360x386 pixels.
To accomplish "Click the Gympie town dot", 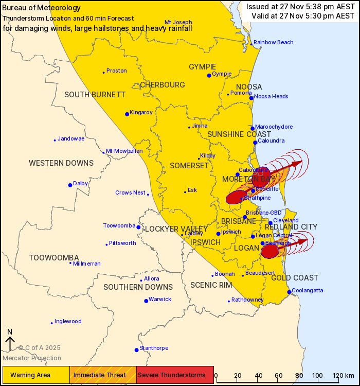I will [209, 75].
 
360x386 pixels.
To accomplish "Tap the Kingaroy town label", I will [141, 112].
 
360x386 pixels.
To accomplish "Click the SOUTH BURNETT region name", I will [95, 94].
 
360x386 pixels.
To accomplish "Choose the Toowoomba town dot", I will [138, 227].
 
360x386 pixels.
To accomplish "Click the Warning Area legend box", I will [36, 374].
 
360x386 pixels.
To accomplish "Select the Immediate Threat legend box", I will [103, 374].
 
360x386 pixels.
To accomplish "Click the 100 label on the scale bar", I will [317, 375].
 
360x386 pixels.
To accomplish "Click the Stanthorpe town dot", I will [136, 350].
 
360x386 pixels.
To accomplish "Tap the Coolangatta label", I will [309, 290].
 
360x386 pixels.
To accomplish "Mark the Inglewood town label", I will [68, 321].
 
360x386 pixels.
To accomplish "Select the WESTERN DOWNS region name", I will [61, 163].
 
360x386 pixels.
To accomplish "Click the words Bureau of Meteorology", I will [42, 8].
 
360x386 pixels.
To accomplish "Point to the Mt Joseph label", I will [178, 22].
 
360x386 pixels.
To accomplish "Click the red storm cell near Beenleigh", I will [270, 251].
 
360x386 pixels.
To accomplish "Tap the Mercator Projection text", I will [32, 358].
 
